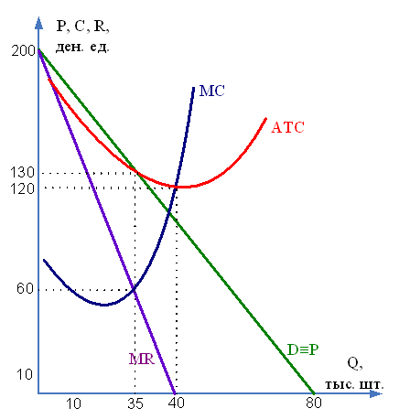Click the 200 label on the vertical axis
pos(24,50)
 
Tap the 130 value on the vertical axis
pos(23,173)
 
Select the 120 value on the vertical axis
pos(23,188)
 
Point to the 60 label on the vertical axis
pos(25,288)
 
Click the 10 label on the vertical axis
pos(24,374)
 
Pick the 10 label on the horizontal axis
pos(73,403)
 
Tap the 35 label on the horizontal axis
pos(135,403)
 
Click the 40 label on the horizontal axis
pos(177,403)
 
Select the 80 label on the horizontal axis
pos(314,403)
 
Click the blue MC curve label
pos(212,91)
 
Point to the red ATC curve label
pos(287,127)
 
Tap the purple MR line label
pos(142,359)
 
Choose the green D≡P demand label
pos(303,349)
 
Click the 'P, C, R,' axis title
pos(82,27)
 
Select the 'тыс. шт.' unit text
pos(354,384)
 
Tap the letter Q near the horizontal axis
pos(355,364)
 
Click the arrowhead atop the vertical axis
pos(38,23)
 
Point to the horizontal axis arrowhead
pos(376,393)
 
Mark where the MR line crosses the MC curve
pos(134,289)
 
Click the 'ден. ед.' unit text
pos(82,48)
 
